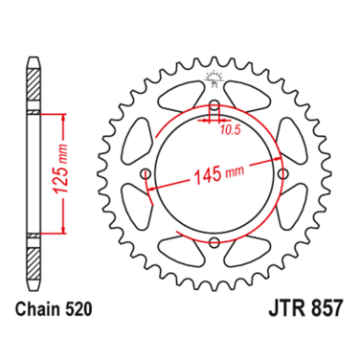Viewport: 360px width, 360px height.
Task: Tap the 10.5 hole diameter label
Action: (231, 125)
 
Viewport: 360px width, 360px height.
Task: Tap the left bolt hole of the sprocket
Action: (145, 174)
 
